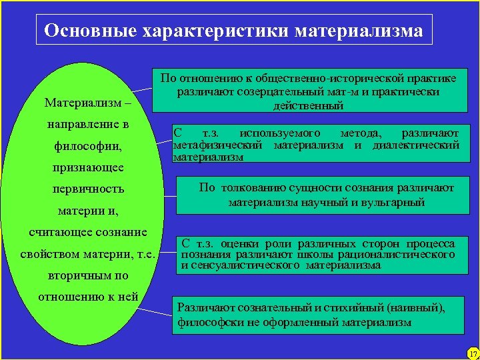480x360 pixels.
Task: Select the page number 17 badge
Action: point(473,353)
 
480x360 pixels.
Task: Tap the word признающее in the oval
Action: point(88,167)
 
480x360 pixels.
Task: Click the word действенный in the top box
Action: point(308,105)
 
